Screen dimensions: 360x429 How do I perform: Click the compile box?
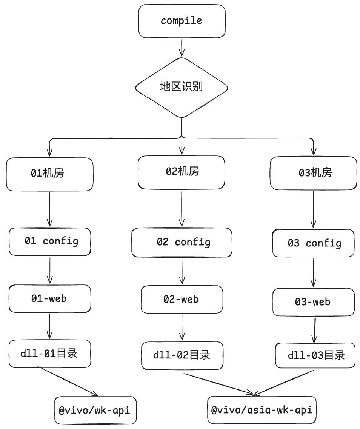(x=182, y=21)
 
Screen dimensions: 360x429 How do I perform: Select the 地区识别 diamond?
(x=182, y=88)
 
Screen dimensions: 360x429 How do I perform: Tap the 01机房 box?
(x=49, y=174)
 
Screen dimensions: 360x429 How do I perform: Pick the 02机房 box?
(x=182, y=172)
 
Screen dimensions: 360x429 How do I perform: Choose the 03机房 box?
(x=314, y=173)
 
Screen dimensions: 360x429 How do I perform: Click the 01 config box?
(x=50, y=241)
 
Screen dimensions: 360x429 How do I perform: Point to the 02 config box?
(x=182, y=242)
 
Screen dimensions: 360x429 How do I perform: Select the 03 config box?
(x=313, y=243)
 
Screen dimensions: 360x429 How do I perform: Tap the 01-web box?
(x=50, y=298)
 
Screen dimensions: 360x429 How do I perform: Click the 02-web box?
(x=182, y=299)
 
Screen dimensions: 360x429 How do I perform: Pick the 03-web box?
(x=314, y=302)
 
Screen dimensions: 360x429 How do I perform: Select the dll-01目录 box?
(x=50, y=354)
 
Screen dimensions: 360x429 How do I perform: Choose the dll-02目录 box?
(x=182, y=355)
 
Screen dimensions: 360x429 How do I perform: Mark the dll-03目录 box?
(x=315, y=355)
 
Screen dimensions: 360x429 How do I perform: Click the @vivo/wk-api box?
(x=95, y=410)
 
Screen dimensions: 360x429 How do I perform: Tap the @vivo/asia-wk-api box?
(x=262, y=410)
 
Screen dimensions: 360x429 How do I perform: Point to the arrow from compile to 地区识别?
(x=182, y=48)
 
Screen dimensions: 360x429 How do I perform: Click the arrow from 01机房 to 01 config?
(x=49, y=209)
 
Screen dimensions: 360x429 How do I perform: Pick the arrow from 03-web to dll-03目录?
(x=314, y=331)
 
